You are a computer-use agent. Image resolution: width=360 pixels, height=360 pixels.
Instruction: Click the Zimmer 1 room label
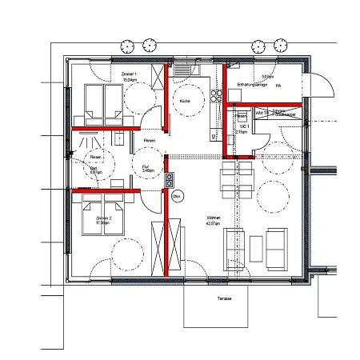(x=129, y=74)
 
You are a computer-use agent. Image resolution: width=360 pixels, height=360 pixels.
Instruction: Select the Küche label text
(x=185, y=102)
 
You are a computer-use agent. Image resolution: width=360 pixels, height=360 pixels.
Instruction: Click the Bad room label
(x=94, y=169)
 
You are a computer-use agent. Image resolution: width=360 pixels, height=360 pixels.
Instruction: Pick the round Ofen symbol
(x=177, y=194)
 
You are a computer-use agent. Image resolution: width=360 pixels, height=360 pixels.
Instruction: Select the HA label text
(x=278, y=85)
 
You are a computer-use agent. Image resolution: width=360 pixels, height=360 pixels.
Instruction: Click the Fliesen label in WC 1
(x=242, y=117)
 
